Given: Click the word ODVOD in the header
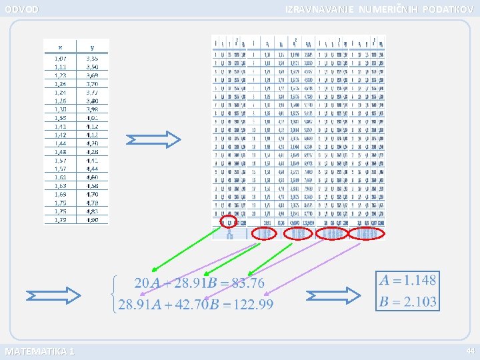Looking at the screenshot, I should [21, 9].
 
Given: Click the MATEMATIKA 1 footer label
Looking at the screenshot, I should [39, 351].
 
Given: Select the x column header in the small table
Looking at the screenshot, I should [60, 47].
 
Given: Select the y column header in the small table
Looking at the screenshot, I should [92, 47].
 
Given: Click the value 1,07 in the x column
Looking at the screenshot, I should [60, 58].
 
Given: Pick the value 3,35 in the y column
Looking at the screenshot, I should [92, 58].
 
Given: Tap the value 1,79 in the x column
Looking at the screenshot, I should [60, 219].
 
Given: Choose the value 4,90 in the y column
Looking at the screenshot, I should [92, 219].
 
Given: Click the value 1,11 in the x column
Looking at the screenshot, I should [60, 67].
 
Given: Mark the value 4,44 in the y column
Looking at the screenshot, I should [92, 169].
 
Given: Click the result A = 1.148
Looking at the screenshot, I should [406, 280].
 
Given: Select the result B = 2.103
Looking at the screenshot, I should [406, 301].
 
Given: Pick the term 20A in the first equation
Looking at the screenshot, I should [146, 283].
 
